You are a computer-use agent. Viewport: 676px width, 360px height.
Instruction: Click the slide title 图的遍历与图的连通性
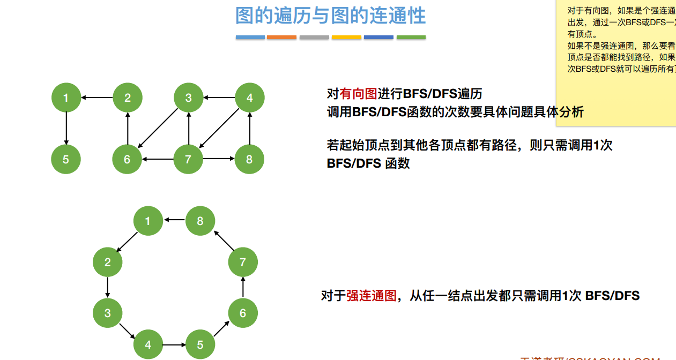tap(330, 16)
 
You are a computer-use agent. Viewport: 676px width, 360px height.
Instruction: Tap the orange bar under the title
tap(281, 37)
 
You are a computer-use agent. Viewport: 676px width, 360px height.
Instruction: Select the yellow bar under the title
tap(346, 37)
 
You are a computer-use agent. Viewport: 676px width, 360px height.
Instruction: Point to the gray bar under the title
tap(314, 37)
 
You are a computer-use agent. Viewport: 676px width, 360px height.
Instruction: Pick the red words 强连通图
tap(371, 296)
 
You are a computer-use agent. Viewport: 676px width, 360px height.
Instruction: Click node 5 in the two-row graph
tap(66, 159)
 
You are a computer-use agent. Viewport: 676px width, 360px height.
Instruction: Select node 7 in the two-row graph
tap(188, 159)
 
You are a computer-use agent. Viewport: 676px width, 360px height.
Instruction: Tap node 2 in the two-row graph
tap(128, 97)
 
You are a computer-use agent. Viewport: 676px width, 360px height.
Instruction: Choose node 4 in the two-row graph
tap(250, 97)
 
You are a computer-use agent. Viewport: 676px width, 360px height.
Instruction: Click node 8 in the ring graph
tap(200, 221)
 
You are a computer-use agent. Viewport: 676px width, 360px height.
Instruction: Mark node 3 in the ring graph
tap(108, 313)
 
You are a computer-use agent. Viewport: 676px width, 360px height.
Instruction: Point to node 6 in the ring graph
tap(243, 313)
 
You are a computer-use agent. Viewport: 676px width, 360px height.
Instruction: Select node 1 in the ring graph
tap(148, 221)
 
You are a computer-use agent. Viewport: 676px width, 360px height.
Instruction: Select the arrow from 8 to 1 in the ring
tap(174, 220)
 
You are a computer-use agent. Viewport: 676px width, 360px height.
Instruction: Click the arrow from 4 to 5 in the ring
tap(174, 344)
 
